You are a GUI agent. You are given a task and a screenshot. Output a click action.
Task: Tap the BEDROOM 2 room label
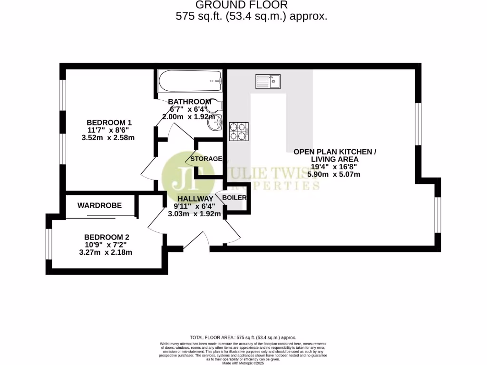pyautogui.click(x=107, y=237)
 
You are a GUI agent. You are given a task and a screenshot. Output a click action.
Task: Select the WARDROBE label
pyautogui.click(x=99, y=205)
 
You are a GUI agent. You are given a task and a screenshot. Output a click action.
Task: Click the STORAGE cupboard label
pyautogui.click(x=206, y=158)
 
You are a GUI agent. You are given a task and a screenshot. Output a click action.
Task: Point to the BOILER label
pyautogui.click(x=234, y=197)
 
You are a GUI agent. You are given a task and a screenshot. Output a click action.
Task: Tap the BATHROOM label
pyautogui.click(x=189, y=102)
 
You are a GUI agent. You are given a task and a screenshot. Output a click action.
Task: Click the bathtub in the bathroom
pyautogui.click(x=190, y=82)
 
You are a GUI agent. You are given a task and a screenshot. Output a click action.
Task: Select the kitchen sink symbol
pyautogui.click(x=268, y=81)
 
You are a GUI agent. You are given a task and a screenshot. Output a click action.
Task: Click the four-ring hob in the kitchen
pyautogui.click(x=239, y=132)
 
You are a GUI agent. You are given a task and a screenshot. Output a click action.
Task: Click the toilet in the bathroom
pyautogui.click(x=216, y=106)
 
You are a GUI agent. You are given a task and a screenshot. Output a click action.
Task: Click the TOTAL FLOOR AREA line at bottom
pyautogui.click(x=243, y=336)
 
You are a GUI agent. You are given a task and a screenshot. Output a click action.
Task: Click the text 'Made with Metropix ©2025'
pyautogui.click(x=243, y=362)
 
